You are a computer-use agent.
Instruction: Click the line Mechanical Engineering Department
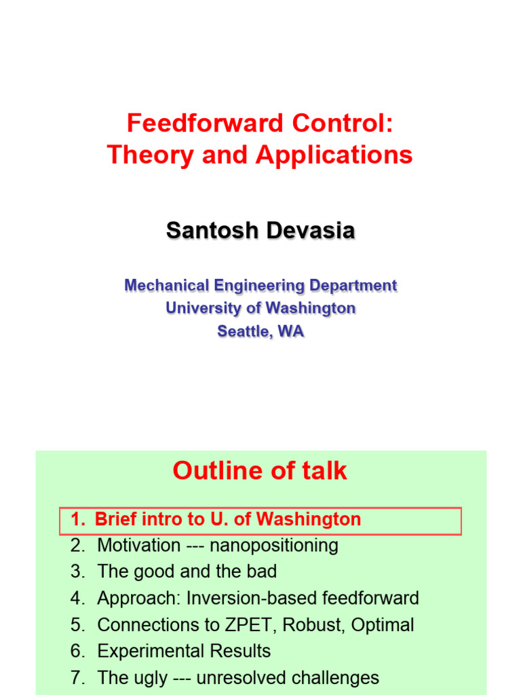pos(260,286)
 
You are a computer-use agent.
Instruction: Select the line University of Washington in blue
pos(260,308)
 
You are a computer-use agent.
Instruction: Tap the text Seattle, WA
pos(260,331)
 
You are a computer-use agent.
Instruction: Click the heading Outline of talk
pos(260,470)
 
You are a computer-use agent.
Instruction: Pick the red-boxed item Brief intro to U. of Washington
pos(228,520)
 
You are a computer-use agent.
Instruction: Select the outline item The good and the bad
pos(187,572)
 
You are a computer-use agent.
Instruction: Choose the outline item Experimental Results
pos(184,652)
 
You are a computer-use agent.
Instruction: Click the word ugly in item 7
pos(148,678)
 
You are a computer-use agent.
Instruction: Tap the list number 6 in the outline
pos(76,652)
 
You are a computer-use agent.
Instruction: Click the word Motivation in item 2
pos(138,546)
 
